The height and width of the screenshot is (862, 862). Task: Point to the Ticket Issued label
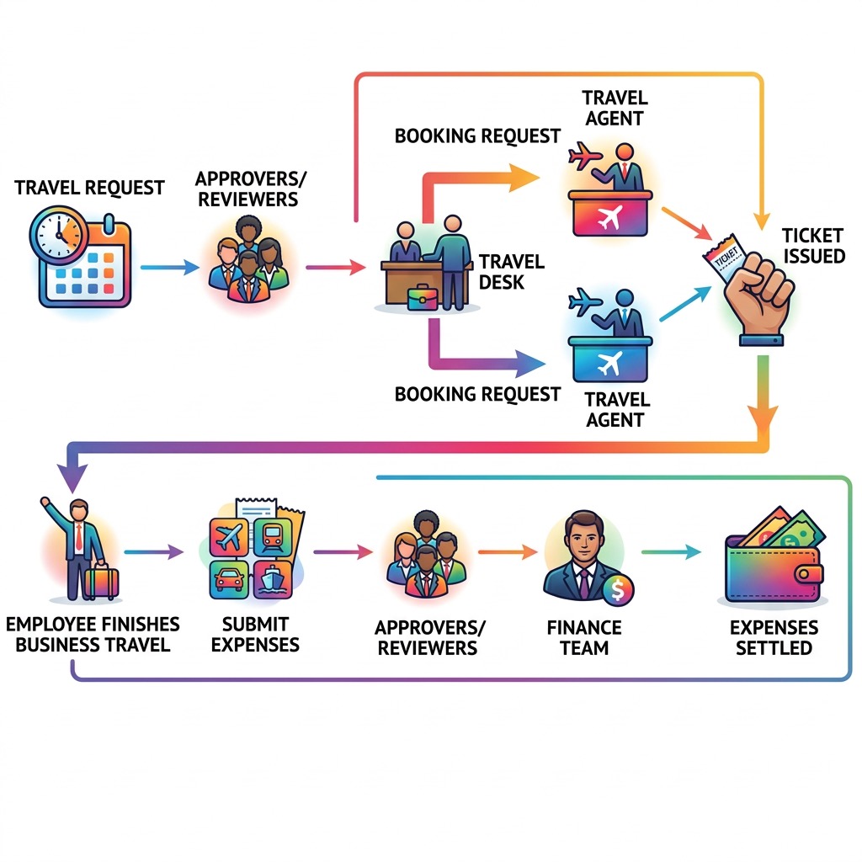coord(812,245)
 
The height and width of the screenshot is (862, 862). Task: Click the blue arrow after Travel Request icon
coord(168,268)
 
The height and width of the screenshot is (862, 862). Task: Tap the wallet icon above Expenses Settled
coord(774,559)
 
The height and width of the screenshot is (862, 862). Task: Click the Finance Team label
coord(584,637)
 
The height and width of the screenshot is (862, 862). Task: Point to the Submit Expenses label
coord(255,635)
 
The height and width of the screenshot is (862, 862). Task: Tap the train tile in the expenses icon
coord(273,535)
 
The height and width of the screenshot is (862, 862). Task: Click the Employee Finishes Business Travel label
coord(92,634)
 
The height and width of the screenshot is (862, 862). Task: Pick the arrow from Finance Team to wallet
coord(670,552)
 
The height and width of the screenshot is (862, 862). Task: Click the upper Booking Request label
coord(477,135)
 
